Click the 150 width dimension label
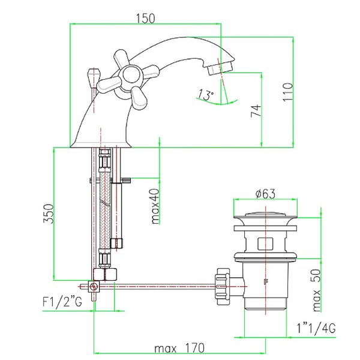(146, 19)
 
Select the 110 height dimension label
(288, 92)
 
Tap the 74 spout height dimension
(256, 111)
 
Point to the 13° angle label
(206, 95)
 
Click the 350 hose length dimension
(49, 214)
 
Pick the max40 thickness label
(155, 206)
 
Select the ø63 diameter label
(265, 194)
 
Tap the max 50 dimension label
(317, 290)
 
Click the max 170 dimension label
(179, 348)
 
